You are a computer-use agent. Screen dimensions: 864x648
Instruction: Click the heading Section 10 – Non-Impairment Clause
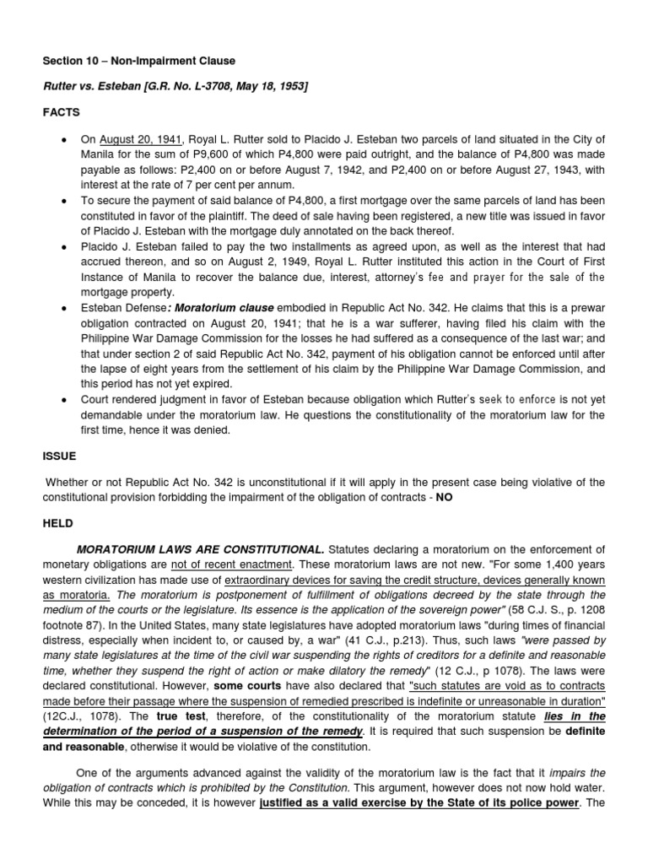(139, 62)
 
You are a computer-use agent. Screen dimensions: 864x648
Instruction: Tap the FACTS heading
(61, 111)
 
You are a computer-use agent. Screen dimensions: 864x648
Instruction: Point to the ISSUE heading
(60, 456)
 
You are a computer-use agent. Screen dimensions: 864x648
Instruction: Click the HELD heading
(58, 523)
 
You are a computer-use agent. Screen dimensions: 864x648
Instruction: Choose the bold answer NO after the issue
(445, 497)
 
